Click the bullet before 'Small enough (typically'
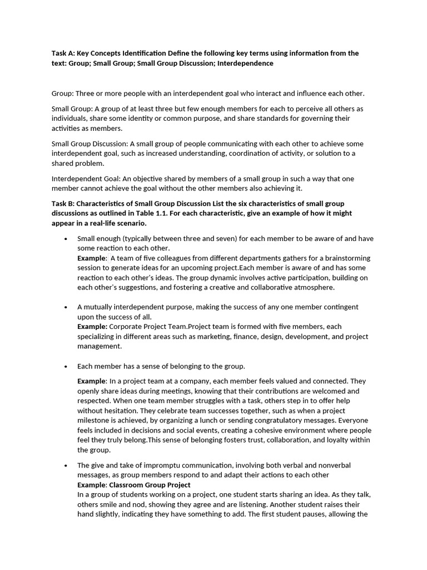(66, 239)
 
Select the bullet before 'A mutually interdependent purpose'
(66, 307)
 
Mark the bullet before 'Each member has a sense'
(66, 366)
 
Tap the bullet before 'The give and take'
(66, 465)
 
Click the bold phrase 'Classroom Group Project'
(142, 485)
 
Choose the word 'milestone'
(93, 420)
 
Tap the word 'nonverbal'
(334, 465)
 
